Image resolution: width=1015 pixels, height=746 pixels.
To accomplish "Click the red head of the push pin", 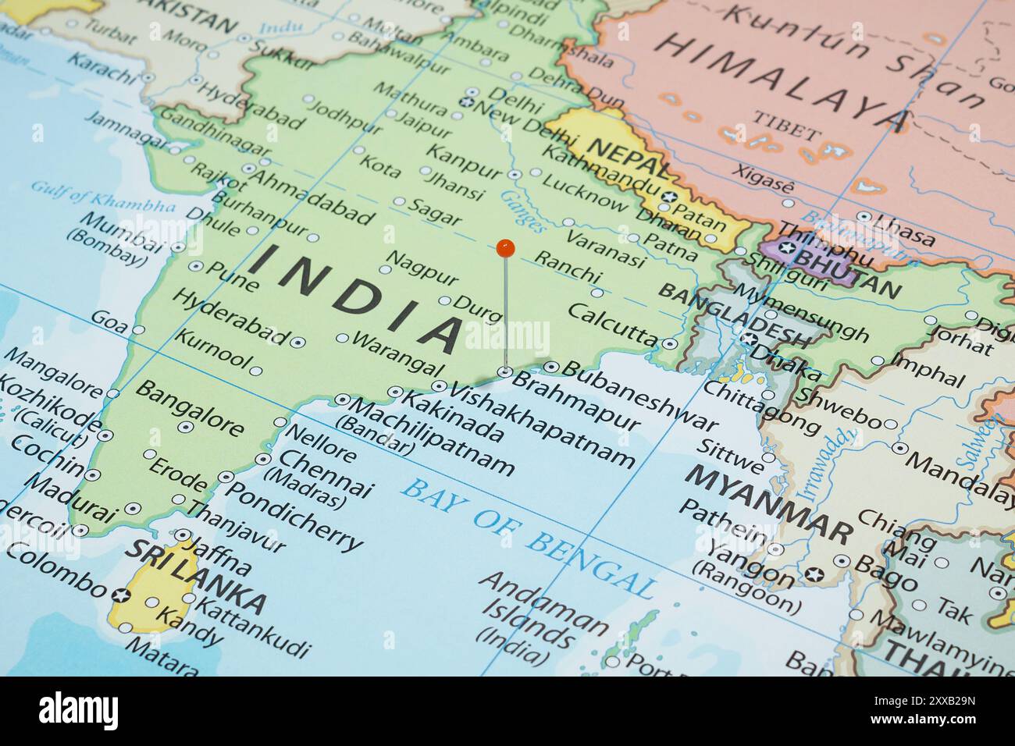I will [x=506, y=248].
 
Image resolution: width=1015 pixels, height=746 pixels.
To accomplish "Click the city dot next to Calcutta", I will [x=669, y=343].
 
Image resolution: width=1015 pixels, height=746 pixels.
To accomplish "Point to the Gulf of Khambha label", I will [x=103, y=196].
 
